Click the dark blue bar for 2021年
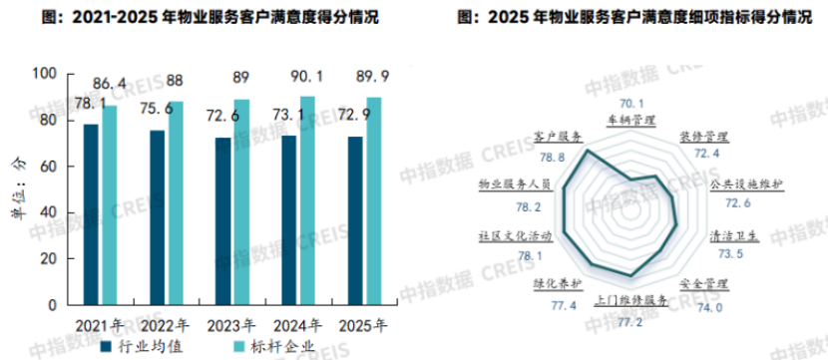(91, 214)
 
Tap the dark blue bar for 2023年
(222, 221)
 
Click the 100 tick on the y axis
(45, 74)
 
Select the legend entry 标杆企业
(276, 346)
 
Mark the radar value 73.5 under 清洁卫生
(731, 254)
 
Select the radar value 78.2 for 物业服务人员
(496, 206)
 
